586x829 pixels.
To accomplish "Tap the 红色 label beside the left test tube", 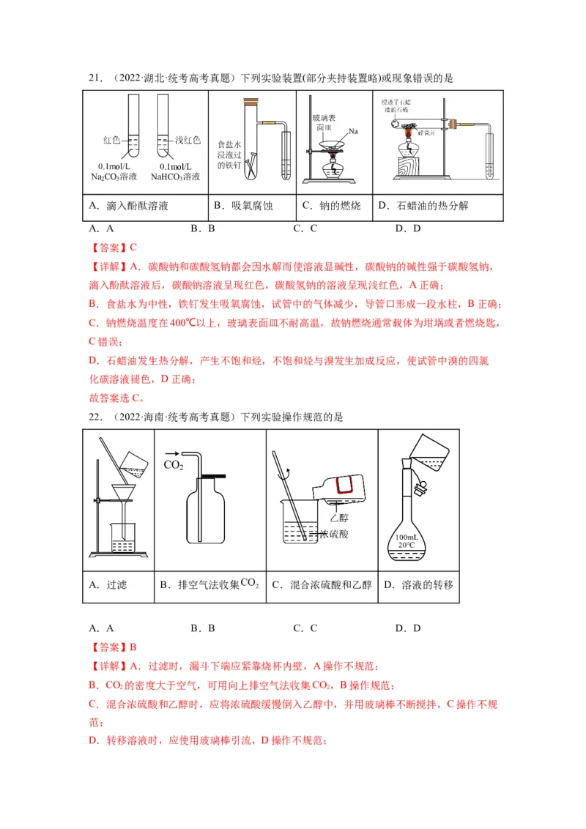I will pyautogui.click(x=111, y=139).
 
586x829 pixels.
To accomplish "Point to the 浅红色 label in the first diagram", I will pyautogui.click(x=188, y=139).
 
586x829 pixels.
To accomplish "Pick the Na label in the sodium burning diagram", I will pyautogui.click(x=353, y=131).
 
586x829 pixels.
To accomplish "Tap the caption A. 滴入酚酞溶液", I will pyautogui.click(x=129, y=207).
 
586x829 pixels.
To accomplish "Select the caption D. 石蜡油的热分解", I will pyautogui.click(x=423, y=207).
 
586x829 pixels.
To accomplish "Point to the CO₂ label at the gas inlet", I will pyautogui.click(x=173, y=465).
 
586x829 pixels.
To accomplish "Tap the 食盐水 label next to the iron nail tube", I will pyautogui.click(x=229, y=144).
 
